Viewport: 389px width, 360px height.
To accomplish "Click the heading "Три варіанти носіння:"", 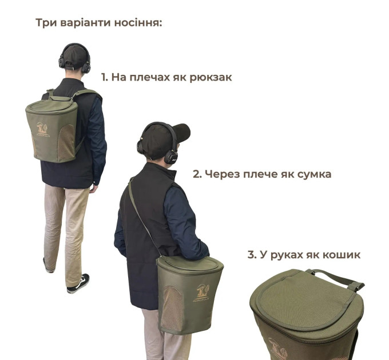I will click(99, 23).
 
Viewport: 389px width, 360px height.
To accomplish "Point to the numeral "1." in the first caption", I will click(105, 77).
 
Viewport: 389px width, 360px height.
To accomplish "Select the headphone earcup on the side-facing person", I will click(171, 155).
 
